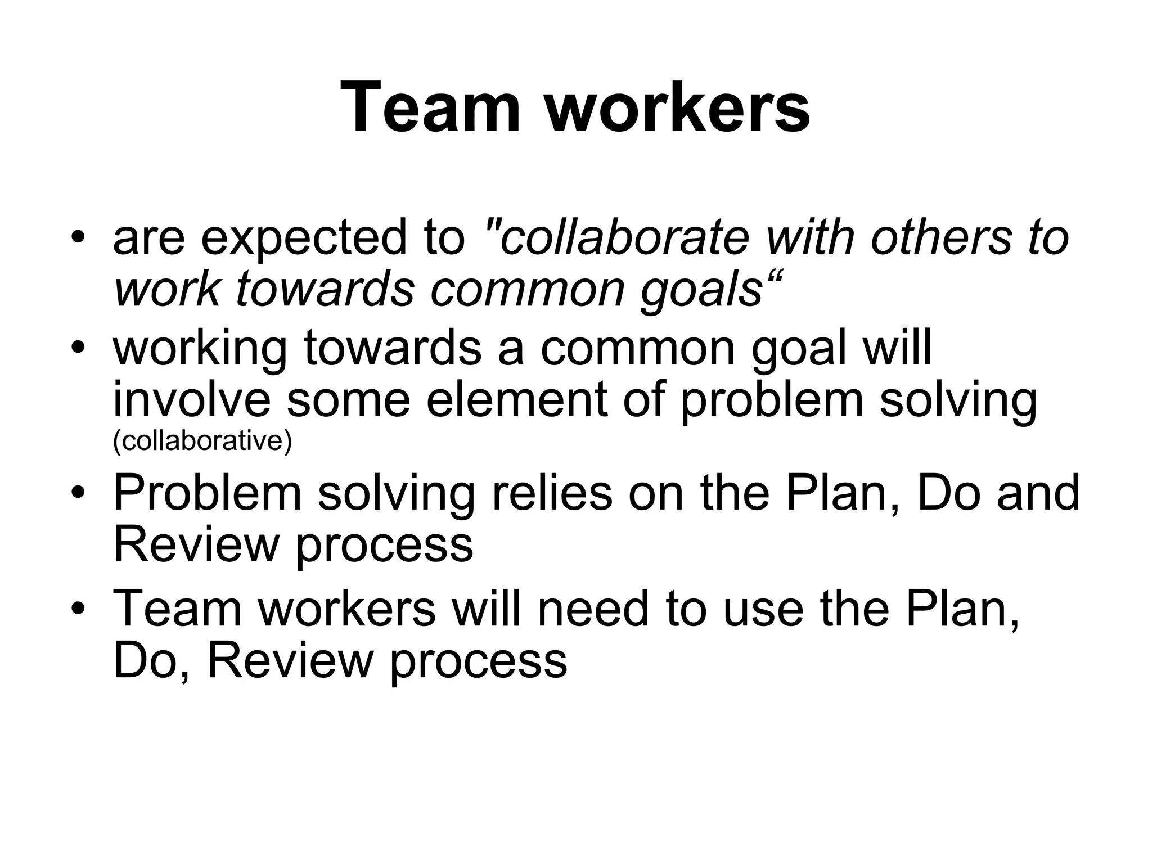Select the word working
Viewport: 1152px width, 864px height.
pos(200,349)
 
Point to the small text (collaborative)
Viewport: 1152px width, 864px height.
pos(202,440)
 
